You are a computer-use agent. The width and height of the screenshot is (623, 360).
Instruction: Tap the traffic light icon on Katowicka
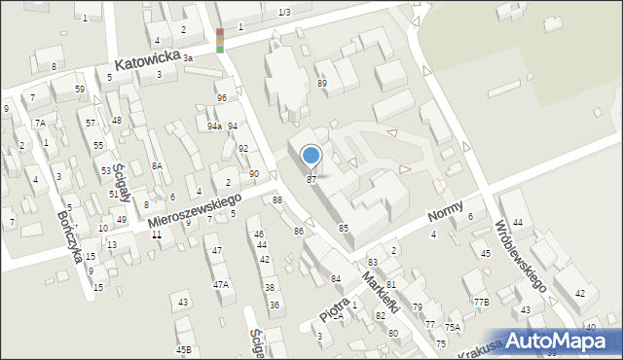click(x=220, y=40)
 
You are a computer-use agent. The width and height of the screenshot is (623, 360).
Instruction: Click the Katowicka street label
click(x=147, y=61)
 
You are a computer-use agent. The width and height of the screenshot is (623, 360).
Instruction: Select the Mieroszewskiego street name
click(x=195, y=211)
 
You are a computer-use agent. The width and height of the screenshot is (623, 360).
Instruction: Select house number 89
click(x=321, y=84)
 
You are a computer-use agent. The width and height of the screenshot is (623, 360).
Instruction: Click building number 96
click(x=222, y=98)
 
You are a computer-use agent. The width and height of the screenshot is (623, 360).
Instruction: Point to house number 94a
click(x=214, y=126)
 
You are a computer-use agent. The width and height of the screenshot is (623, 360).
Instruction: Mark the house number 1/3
click(x=283, y=12)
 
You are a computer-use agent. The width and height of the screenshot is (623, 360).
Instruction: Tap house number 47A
click(x=221, y=284)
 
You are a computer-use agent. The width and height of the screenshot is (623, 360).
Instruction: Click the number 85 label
click(x=344, y=228)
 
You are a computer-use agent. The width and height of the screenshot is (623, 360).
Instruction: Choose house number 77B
click(x=481, y=302)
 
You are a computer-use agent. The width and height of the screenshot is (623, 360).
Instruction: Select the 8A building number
click(x=156, y=166)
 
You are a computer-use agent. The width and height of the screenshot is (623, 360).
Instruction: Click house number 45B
click(x=184, y=349)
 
